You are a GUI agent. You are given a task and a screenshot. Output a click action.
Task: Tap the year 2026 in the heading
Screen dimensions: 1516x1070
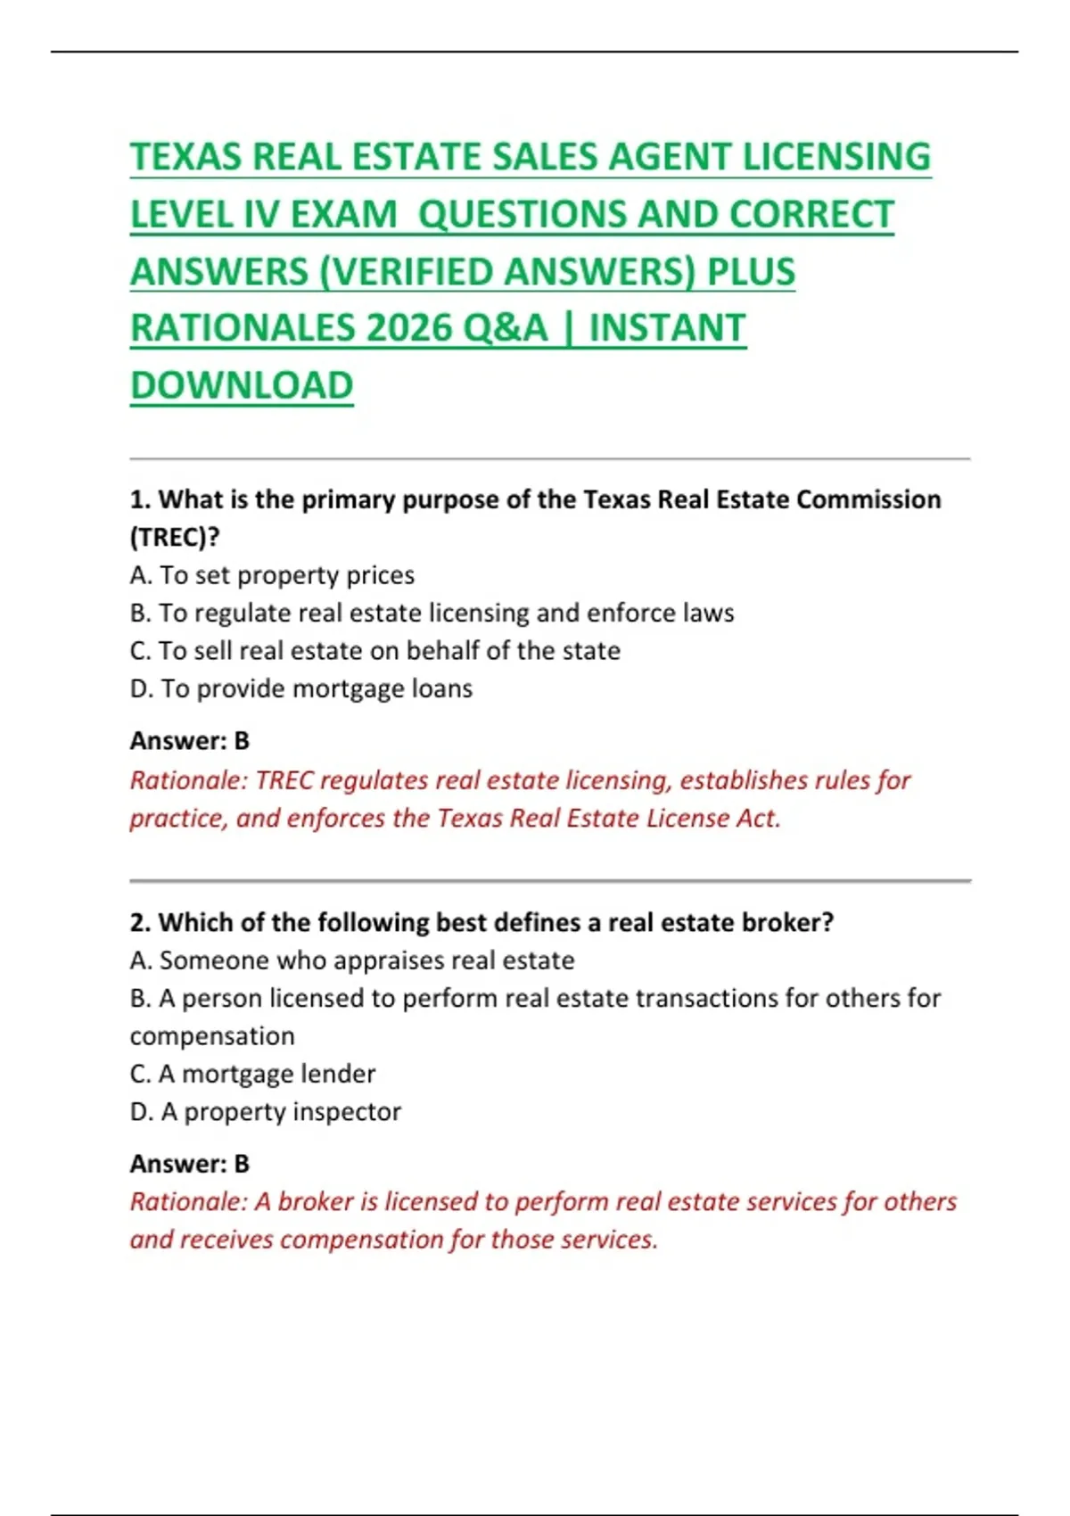(x=408, y=328)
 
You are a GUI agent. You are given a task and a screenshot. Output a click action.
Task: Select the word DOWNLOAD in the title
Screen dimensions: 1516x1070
(x=242, y=385)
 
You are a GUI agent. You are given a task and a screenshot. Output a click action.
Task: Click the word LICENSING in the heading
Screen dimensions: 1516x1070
(x=836, y=157)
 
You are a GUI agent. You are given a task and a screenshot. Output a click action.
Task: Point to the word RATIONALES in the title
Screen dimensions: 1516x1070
(x=242, y=328)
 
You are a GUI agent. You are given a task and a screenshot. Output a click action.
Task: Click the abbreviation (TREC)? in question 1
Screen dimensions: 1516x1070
(x=175, y=537)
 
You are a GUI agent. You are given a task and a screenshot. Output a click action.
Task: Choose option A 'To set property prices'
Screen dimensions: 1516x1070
(x=272, y=575)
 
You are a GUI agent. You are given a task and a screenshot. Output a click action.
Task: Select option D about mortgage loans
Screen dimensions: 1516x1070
(x=300, y=688)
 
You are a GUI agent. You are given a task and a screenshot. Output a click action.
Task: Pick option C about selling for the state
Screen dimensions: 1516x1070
(x=374, y=651)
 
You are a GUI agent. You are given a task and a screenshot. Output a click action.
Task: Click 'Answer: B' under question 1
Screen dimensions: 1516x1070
(x=190, y=741)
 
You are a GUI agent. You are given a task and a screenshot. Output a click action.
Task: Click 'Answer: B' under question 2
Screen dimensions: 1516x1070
(x=190, y=1164)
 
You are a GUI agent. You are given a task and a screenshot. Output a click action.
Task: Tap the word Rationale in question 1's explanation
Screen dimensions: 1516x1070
(x=188, y=780)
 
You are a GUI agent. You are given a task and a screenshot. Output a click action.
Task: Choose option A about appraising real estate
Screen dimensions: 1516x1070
(x=351, y=960)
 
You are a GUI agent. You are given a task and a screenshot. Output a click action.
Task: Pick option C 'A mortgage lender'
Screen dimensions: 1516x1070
(x=252, y=1074)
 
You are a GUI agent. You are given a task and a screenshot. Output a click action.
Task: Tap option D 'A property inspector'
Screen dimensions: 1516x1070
(x=265, y=1112)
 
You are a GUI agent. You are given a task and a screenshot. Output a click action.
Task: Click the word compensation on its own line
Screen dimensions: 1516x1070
(x=212, y=1036)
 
